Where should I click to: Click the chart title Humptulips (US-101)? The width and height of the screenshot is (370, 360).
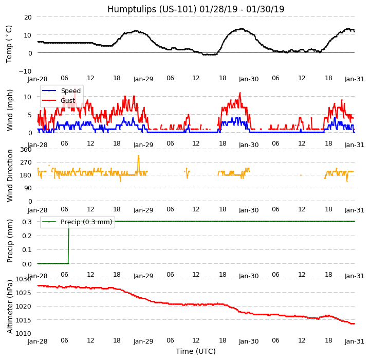(x=195, y=9)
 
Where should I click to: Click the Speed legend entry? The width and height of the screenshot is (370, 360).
(x=71, y=91)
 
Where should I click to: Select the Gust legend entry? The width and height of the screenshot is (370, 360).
(x=68, y=101)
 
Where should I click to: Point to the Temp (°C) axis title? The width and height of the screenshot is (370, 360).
(x=9, y=44)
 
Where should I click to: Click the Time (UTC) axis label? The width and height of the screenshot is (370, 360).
(x=195, y=351)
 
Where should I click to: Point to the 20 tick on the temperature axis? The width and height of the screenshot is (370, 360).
(x=27, y=17)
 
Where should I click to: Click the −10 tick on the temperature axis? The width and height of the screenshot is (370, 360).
(x=26, y=71)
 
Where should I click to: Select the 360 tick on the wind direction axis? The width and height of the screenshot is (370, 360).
(x=25, y=150)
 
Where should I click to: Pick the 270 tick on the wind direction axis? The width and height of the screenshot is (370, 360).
(x=25, y=163)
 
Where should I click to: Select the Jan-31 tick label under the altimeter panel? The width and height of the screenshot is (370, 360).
(x=355, y=341)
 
